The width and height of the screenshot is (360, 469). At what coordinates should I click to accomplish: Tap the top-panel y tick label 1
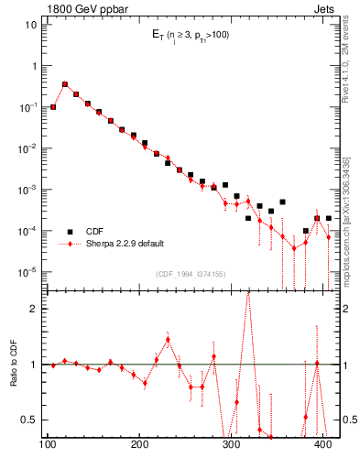click(x=35, y=66)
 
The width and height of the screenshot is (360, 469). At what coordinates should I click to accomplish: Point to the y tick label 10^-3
click(x=30, y=189)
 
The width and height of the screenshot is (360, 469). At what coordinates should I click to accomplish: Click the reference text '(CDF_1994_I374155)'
click(x=191, y=273)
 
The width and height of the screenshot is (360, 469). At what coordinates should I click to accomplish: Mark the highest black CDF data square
click(x=65, y=84)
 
